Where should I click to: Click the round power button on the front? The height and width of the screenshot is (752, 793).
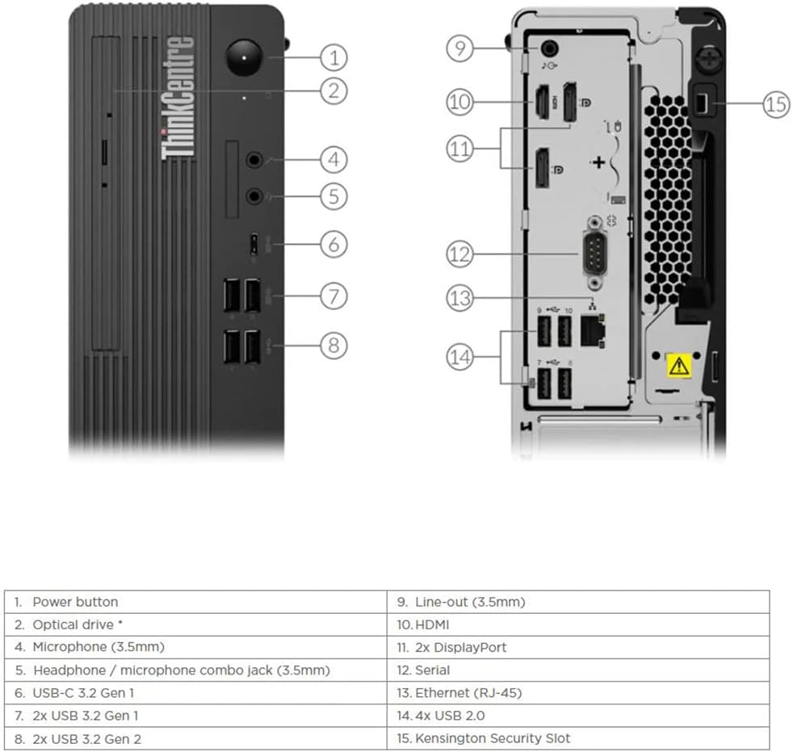point(244,57)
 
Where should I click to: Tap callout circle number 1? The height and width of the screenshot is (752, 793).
point(334,57)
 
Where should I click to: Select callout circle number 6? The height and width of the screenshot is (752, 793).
point(334,244)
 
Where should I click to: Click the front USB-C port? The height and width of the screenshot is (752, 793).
point(254,244)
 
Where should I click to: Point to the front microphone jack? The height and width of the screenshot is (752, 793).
point(254,160)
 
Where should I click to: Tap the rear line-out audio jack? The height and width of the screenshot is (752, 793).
point(550,48)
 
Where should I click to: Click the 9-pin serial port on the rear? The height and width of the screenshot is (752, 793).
point(596,254)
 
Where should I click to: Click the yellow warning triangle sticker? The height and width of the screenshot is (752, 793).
point(678,365)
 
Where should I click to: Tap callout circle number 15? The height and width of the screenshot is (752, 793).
point(776,104)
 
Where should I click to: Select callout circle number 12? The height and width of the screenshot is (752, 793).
point(459,254)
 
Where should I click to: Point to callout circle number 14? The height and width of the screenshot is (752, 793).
point(459,357)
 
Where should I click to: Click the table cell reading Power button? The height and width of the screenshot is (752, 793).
point(195,602)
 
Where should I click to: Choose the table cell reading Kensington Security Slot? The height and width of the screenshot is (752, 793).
point(578,738)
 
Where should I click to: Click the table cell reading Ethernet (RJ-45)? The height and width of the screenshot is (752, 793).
point(578,693)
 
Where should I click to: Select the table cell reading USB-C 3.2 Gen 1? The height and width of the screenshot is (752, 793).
point(195,693)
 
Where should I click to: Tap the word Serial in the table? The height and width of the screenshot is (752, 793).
point(432,670)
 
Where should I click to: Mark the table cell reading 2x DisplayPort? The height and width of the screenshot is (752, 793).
point(578,647)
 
